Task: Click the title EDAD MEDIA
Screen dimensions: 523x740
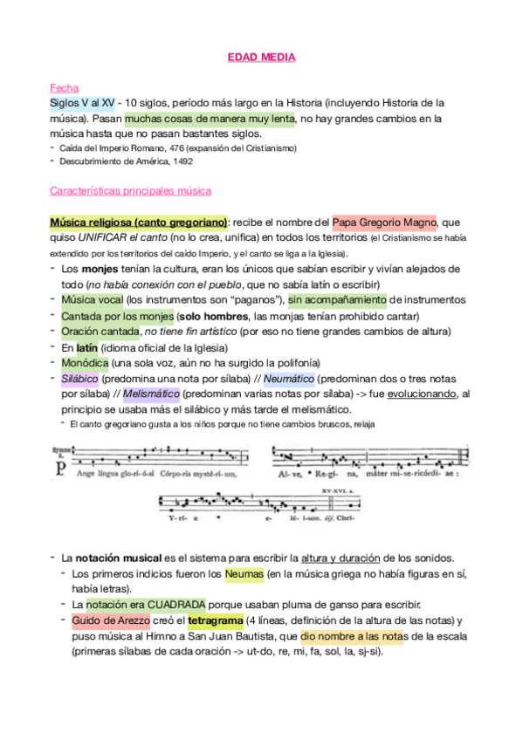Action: click(x=261, y=58)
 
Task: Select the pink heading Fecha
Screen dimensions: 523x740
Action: click(x=64, y=88)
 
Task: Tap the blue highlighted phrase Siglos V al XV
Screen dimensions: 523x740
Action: click(x=82, y=103)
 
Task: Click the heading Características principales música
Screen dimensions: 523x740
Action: click(x=131, y=190)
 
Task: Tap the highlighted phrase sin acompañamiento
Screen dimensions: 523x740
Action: click(x=337, y=300)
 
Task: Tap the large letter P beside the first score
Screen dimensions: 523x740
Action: click(x=59, y=468)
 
